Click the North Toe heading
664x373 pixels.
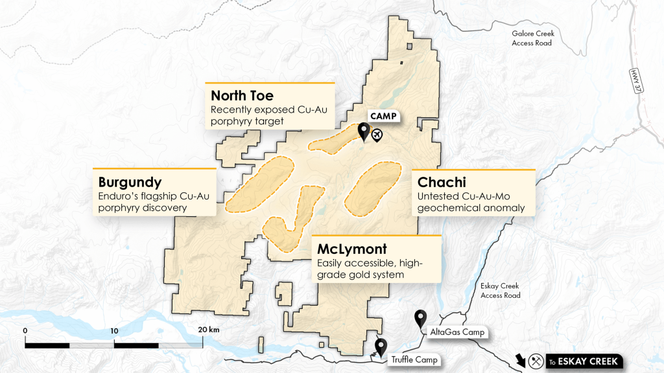(x=242, y=96)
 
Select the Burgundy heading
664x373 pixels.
(x=130, y=182)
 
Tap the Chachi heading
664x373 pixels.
(x=442, y=183)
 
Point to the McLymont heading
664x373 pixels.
(x=352, y=249)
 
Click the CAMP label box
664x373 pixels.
(x=383, y=117)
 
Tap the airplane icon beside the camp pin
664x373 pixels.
(x=377, y=135)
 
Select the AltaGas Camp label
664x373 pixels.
(x=455, y=332)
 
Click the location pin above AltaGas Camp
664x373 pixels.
(x=420, y=317)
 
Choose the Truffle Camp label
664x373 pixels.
(x=414, y=359)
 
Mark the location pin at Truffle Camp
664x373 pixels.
(x=381, y=346)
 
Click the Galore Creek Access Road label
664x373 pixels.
(x=532, y=38)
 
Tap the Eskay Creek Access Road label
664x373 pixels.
(x=501, y=291)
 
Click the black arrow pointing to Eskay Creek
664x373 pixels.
(x=520, y=359)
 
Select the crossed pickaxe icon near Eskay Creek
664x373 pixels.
(x=537, y=361)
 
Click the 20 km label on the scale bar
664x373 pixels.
(x=209, y=330)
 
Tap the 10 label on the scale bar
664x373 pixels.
(x=114, y=330)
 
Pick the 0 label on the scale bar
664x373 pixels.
(x=25, y=330)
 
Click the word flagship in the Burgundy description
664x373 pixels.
(x=151, y=196)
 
